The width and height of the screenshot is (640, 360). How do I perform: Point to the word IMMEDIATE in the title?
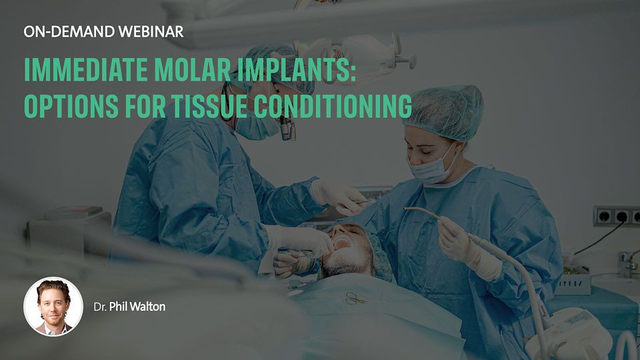coord(86,69)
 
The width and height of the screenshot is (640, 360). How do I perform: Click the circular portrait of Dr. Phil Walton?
coord(53,307)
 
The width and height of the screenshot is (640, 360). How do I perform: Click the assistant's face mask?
coord(431,168)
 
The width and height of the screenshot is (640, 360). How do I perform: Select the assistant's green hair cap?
coord(444,111)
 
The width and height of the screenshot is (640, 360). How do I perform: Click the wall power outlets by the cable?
coord(616,216)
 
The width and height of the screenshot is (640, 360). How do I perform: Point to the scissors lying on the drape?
coord(353,299)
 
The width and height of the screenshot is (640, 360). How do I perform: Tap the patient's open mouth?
coord(341,243)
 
